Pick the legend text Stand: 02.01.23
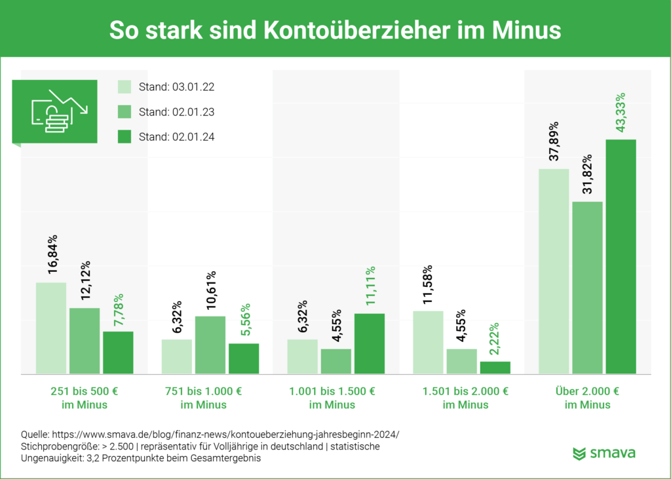(176, 112)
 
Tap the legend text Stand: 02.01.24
(176, 137)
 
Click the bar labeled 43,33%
(621, 256)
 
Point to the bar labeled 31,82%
(587, 288)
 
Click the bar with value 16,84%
(51, 328)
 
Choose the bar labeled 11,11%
(370, 343)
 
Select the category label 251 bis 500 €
(84, 392)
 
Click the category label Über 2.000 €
(587, 392)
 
